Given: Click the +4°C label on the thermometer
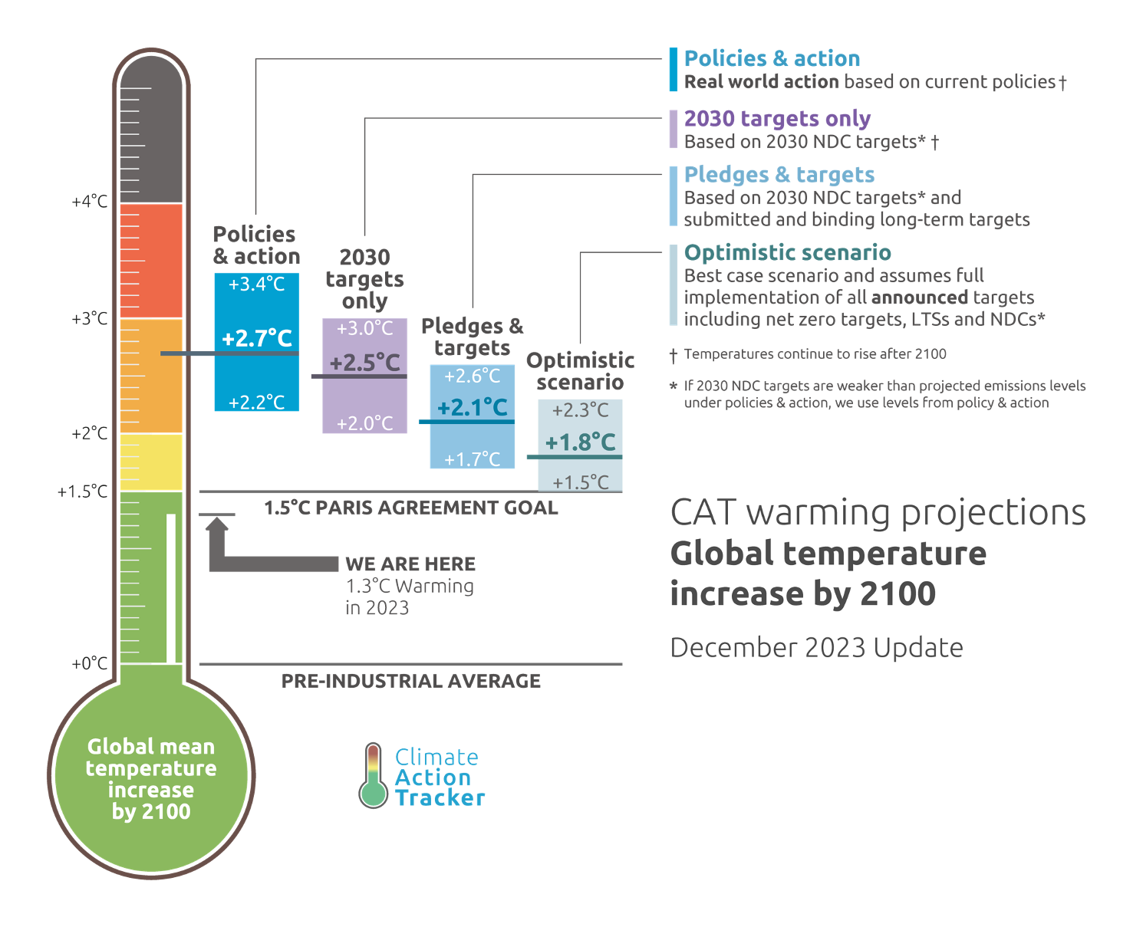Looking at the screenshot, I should click(90, 202).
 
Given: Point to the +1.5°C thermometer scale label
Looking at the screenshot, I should click(82, 491).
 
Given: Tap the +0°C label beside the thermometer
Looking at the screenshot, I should click(90, 663).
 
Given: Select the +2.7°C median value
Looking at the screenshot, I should click(257, 338).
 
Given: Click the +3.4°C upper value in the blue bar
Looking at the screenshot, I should click(257, 284).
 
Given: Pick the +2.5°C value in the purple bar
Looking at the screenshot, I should click(365, 362).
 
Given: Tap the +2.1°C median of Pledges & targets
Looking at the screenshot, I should click(473, 407).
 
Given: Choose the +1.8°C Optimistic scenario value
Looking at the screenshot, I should click(581, 442).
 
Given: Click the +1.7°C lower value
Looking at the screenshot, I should click(473, 459).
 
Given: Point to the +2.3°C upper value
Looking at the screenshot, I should click(581, 410).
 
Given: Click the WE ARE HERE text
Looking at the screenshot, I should click(410, 564).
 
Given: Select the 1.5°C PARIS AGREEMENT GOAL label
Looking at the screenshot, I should click(410, 508).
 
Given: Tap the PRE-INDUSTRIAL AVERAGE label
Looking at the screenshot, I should click(410, 681).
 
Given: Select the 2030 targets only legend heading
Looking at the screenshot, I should click(777, 119).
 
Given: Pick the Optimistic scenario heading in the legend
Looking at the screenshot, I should click(787, 253).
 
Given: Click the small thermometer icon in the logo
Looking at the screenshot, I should click(374, 776).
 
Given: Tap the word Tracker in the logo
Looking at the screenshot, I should click(440, 798).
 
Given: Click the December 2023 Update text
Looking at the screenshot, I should click(816, 648).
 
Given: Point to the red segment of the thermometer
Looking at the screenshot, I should click(151, 261).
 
